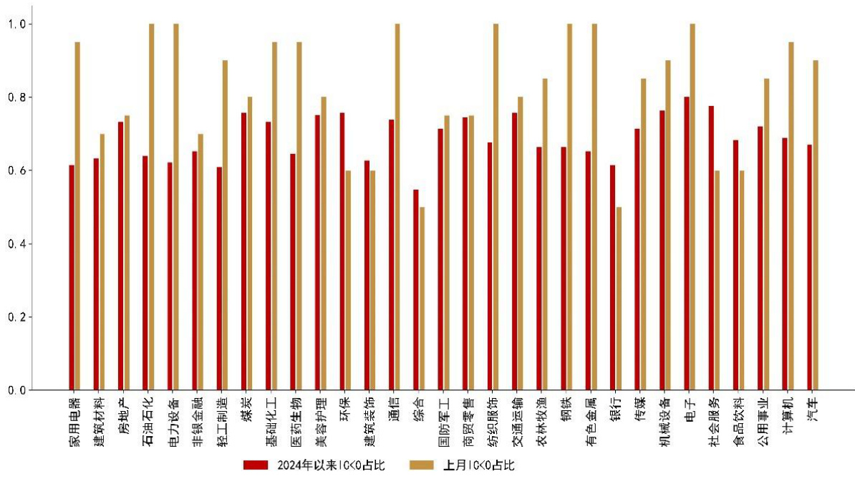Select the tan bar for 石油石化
click(x=151, y=207)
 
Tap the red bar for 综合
click(x=416, y=290)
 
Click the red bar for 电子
click(x=687, y=243)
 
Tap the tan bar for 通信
click(x=397, y=207)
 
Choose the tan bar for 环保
click(x=348, y=280)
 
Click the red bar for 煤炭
click(x=244, y=251)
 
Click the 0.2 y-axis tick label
click(x=16, y=317)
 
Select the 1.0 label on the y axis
click(x=16, y=24)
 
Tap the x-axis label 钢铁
click(x=567, y=409)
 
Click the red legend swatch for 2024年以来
click(x=255, y=465)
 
